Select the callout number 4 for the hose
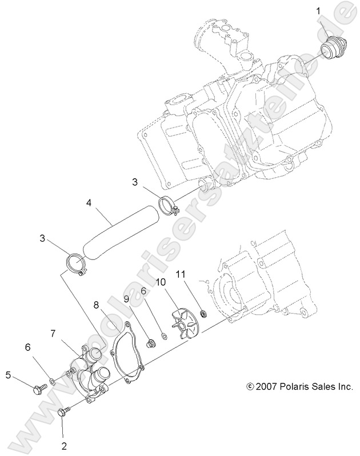coord(89,202)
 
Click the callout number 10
coord(161,282)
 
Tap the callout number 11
coord(181,275)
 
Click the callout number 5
coord(9,375)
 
